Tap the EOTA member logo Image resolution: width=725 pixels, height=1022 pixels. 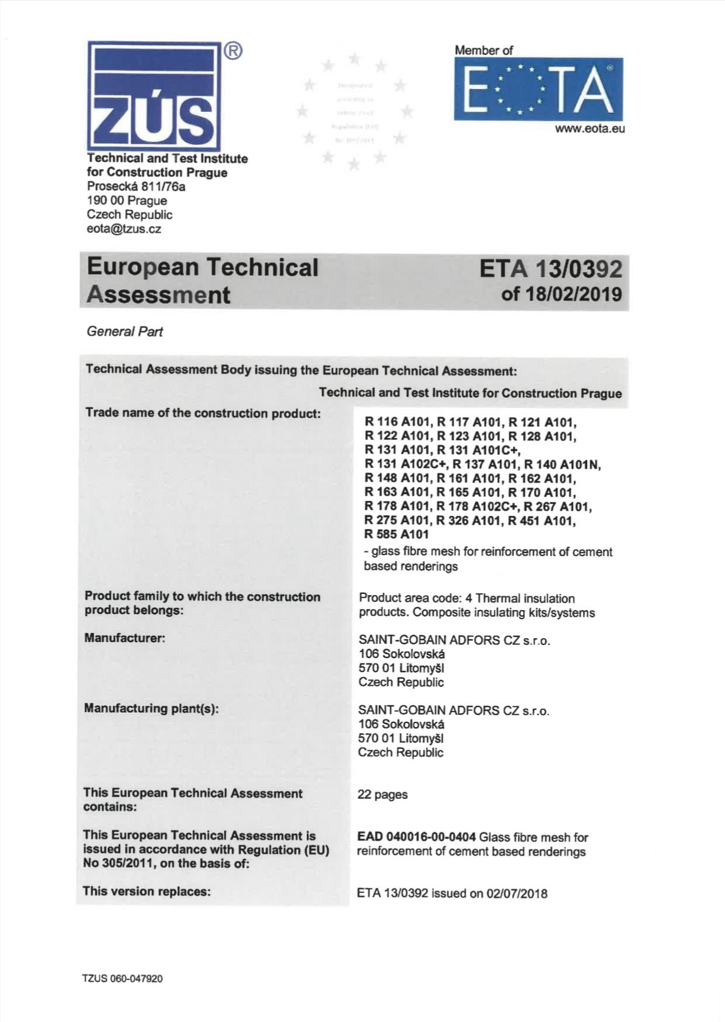click(x=538, y=90)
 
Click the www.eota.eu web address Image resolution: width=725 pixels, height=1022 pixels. click(x=590, y=129)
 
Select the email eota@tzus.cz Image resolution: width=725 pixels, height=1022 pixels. click(x=124, y=229)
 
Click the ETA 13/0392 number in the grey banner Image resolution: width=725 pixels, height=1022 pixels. click(x=550, y=269)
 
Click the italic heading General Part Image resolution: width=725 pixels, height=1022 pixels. click(x=125, y=332)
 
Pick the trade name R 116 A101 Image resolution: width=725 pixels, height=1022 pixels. click(x=397, y=422)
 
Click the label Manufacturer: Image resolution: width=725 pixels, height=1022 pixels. click(x=125, y=638)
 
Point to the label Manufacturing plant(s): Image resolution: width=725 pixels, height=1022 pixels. click(x=152, y=709)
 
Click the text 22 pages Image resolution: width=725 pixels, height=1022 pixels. click(x=382, y=795)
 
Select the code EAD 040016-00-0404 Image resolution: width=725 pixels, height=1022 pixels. click(x=416, y=837)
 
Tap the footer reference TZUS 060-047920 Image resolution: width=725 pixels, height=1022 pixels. click(x=123, y=979)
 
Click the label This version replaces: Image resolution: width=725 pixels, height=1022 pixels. click(x=147, y=891)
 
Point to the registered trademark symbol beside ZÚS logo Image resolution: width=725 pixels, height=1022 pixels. click(x=232, y=52)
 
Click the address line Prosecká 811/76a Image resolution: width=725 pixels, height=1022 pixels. click(x=136, y=186)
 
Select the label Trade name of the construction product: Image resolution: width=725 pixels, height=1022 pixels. click(x=203, y=413)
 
